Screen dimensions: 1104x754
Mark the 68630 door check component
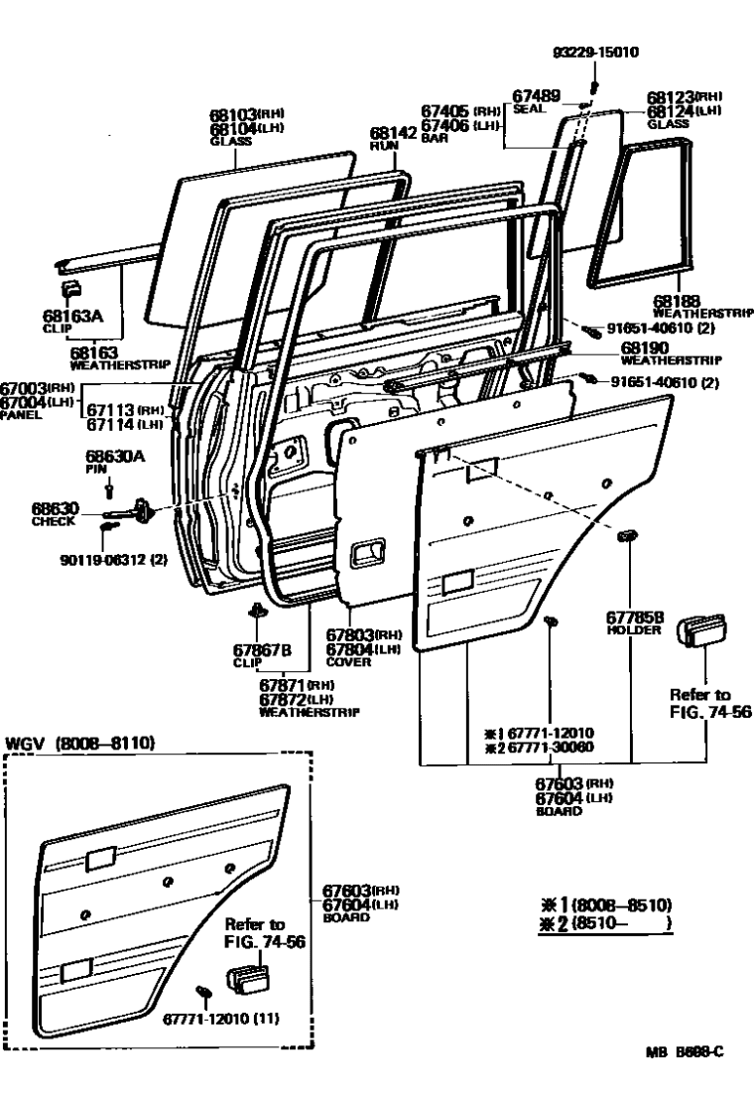coord(139,513)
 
